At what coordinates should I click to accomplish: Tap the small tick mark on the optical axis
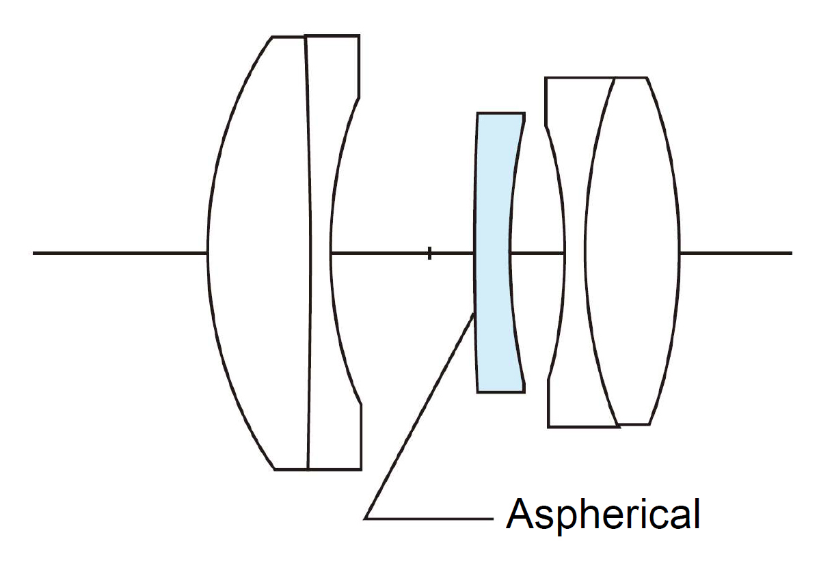[429, 253]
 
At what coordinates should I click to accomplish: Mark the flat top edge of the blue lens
[500, 113]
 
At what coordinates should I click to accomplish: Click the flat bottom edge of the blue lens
[500, 392]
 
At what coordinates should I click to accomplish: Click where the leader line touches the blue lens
[474, 314]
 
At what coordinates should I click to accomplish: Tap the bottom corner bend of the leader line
[366, 518]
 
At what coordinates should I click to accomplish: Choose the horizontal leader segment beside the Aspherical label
[431, 518]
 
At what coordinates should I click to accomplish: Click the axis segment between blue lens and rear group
[537, 253]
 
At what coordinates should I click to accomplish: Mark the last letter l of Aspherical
[696, 514]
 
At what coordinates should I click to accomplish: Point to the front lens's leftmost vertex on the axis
[208, 253]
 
